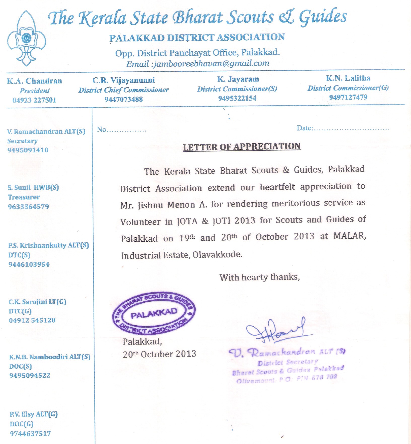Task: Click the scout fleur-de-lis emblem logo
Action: [x=26, y=38]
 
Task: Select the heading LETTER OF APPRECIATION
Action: [x=242, y=147]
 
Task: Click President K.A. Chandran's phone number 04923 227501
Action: [x=35, y=100]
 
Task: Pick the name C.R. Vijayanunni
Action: [x=123, y=80]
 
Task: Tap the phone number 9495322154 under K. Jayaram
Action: [x=237, y=98]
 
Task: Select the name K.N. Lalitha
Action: [x=348, y=78]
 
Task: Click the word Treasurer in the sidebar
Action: [x=24, y=197]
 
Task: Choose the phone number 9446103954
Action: [x=29, y=264]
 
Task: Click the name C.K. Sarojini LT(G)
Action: [x=38, y=302]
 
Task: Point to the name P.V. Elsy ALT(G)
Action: [x=34, y=414]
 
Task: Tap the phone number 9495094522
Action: [x=30, y=375]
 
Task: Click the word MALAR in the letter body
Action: [x=349, y=236]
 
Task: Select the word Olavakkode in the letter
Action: [x=217, y=255]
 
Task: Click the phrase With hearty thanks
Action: [x=259, y=277]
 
